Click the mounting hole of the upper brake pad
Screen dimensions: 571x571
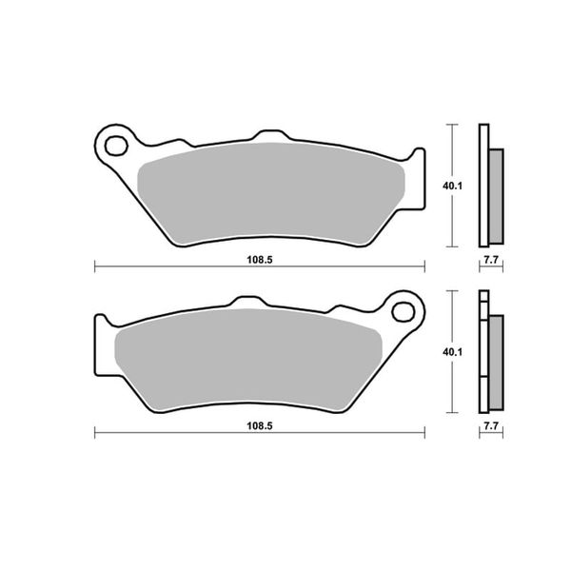pos(116,146)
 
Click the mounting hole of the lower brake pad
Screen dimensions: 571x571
pos(404,312)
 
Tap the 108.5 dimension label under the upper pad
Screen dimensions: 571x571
pos(260,260)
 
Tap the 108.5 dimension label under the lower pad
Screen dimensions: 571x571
pos(260,425)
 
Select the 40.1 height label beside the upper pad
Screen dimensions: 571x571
pos(452,186)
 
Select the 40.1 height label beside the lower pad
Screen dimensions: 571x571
pos(452,352)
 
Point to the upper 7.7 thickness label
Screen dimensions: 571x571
pos(491,260)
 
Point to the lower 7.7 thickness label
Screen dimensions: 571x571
pos(491,426)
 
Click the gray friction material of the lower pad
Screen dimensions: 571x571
pos(248,360)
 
